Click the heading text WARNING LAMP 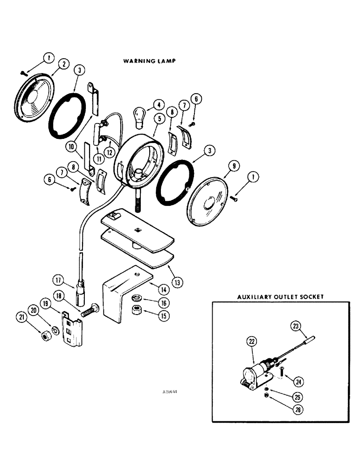coord(149,61)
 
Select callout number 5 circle coord(159,118)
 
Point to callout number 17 coord(58,281)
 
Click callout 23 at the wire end coord(295,326)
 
